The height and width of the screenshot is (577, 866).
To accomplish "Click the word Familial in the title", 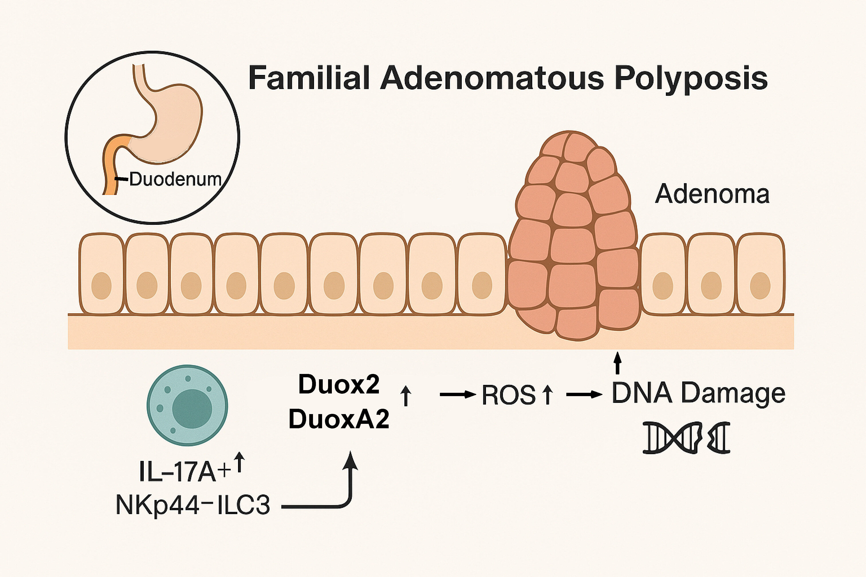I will click(309, 78).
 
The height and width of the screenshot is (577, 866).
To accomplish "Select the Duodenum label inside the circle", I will click(175, 179).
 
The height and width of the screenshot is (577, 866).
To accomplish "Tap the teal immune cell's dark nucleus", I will click(192, 409).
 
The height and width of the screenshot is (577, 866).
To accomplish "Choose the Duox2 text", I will click(339, 385).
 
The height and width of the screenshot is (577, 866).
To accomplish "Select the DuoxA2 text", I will click(339, 419).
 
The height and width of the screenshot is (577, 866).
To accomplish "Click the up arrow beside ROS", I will click(548, 395).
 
